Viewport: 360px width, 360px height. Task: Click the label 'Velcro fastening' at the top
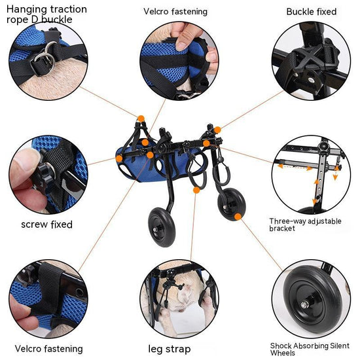pos(175,11)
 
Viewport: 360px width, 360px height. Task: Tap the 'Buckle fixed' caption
pos(312,12)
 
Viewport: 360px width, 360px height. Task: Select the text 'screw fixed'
pos(46,224)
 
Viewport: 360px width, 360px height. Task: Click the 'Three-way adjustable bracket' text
pos(305,225)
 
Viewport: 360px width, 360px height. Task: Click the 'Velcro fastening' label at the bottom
pos(49,348)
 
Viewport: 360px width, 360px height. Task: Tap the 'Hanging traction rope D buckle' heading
pos(46,14)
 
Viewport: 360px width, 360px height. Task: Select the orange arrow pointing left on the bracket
pos(282,167)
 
